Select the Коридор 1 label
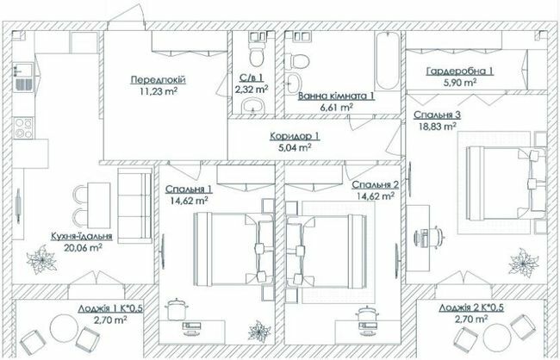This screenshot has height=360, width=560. [x=295, y=136]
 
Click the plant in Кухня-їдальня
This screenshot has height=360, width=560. [x=40, y=258]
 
